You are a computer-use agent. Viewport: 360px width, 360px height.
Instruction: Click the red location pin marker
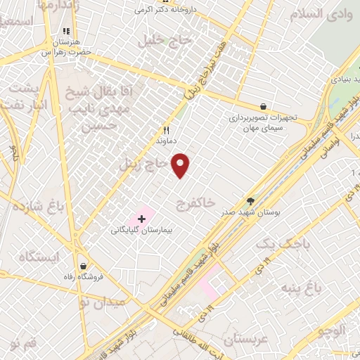(x=181, y=165)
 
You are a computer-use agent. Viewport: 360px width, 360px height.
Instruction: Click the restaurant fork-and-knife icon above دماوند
(x=167, y=129)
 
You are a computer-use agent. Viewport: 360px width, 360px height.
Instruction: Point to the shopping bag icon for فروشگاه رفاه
(x=84, y=266)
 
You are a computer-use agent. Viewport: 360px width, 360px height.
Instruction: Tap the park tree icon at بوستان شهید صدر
(x=251, y=201)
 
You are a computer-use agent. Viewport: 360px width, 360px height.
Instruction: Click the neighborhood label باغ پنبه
(x=302, y=288)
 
